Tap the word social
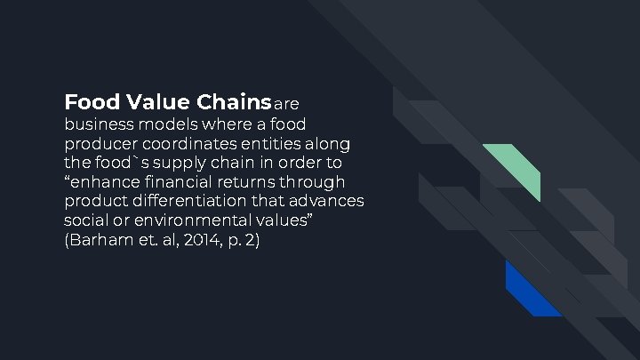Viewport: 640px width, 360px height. [x=85, y=221]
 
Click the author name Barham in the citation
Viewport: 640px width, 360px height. [x=99, y=241]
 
